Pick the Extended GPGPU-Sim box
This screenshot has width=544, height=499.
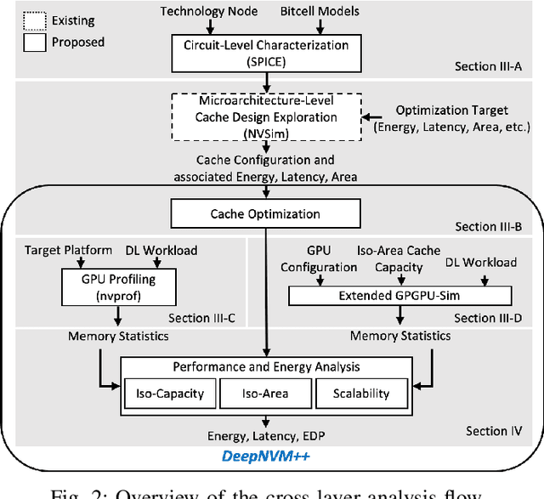point(400,296)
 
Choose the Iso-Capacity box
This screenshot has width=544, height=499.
point(169,394)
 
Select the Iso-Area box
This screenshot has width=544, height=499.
point(264,394)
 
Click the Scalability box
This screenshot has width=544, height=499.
point(361,394)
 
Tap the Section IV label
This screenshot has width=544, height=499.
point(505,432)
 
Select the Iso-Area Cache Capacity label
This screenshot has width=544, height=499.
point(411,258)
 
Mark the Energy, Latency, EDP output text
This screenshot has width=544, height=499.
point(267,434)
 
